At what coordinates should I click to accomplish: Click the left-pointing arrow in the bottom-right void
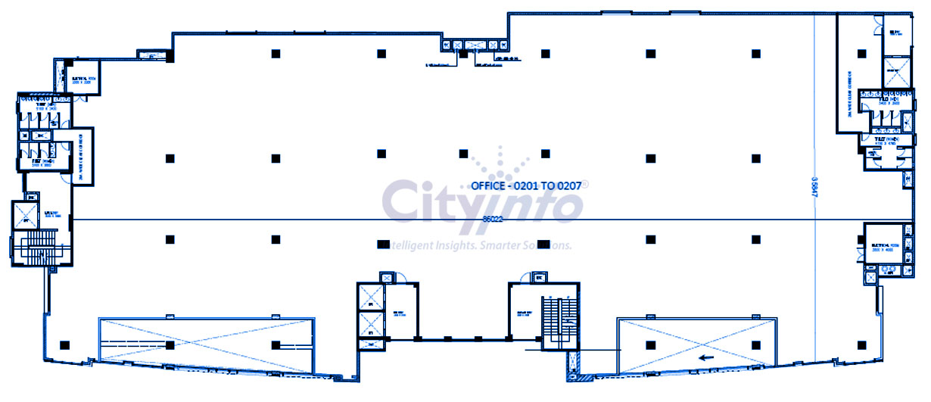click(x=707, y=358)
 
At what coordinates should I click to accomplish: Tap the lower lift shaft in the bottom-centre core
click(x=371, y=330)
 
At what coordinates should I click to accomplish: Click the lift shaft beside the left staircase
click(x=26, y=216)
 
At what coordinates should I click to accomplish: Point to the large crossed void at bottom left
click(x=206, y=345)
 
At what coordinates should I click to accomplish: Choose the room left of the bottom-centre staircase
click(x=523, y=310)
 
